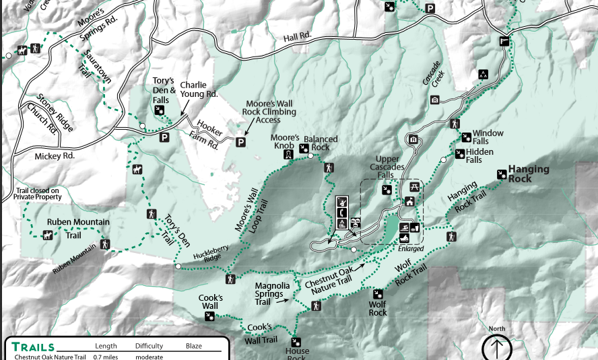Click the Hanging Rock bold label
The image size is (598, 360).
(529, 174)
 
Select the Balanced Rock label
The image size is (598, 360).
(321, 143)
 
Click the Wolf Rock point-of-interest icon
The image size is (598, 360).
(378, 293)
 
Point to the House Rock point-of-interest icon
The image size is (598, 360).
(295, 341)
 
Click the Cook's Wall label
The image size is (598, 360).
(211, 302)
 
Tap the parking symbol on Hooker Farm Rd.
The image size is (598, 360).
(240, 142)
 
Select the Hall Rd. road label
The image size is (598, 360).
(298, 36)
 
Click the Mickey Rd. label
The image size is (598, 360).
(55, 155)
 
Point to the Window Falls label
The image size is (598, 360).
(488, 137)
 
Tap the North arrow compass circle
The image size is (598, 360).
(497, 349)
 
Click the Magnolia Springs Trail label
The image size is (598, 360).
(272, 294)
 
